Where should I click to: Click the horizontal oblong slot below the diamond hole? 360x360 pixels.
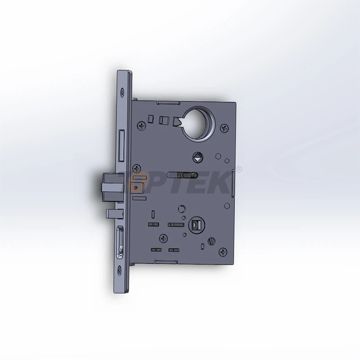click(183, 173)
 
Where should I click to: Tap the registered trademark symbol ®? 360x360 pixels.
click(239, 170)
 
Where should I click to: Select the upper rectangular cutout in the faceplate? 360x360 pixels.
click(122, 146)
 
